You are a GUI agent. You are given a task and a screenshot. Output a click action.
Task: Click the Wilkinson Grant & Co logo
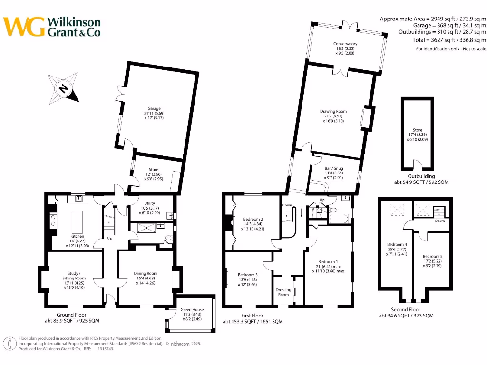[52, 27]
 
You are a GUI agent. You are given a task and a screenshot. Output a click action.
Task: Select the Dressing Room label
[283, 292]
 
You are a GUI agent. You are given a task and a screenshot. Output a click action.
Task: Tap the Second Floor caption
[405, 309]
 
